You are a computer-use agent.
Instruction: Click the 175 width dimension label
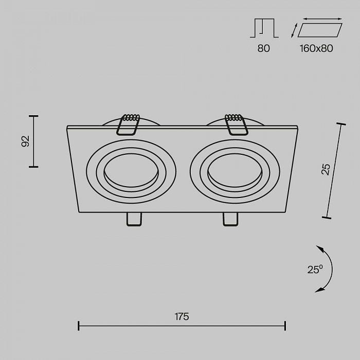[182, 317]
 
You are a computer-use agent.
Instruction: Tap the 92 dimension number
[26, 141]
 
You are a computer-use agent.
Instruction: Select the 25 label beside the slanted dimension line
[326, 169]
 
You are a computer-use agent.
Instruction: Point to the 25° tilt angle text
[315, 269]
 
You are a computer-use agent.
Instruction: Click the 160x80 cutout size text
[316, 48]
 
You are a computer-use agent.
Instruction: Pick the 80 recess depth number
[263, 48]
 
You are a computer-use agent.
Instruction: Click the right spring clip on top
[236, 124]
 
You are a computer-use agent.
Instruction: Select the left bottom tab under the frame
[134, 219]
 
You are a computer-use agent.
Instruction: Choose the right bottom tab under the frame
[230, 219]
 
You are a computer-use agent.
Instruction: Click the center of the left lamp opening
[131, 171]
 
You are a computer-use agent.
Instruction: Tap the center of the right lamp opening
[235, 171]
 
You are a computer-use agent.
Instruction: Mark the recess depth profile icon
[264, 28]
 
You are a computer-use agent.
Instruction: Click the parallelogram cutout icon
[320, 30]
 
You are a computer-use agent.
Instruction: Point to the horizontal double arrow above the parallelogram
[322, 19]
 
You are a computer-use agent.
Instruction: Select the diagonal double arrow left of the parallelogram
[294, 30]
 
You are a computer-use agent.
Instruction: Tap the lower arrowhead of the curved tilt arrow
[320, 290]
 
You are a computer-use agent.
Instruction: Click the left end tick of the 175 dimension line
[79, 326]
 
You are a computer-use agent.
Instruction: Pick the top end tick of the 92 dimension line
[33, 116]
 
